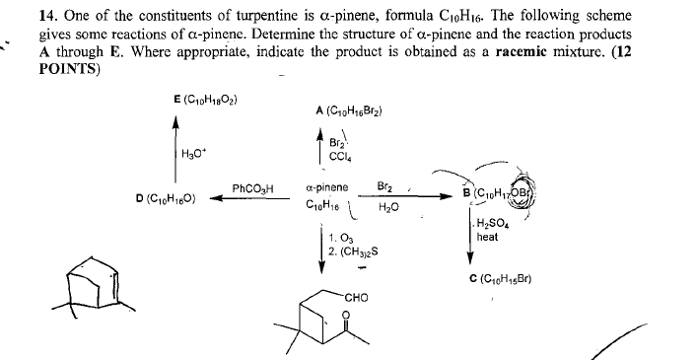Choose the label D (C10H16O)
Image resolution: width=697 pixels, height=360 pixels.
170,200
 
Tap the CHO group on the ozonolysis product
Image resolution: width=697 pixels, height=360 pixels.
357,293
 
